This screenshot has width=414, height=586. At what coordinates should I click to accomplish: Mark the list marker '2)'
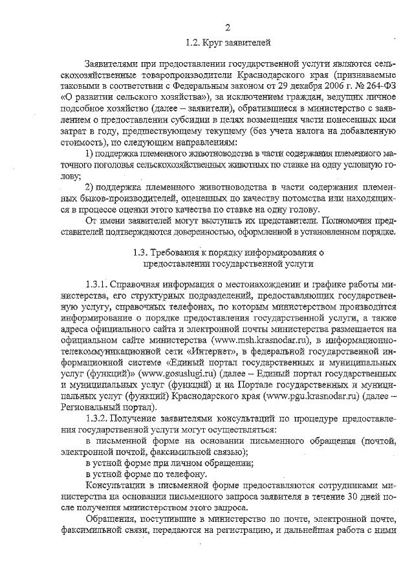(91, 186)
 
